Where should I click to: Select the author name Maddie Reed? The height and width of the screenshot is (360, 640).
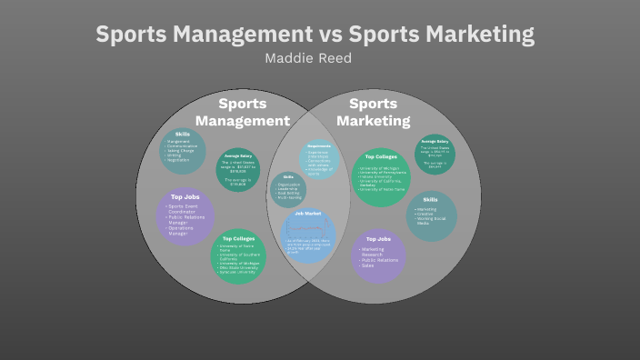(307, 58)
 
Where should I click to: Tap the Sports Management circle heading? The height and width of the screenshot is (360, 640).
(243, 112)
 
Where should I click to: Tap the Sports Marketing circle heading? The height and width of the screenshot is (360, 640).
(373, 112)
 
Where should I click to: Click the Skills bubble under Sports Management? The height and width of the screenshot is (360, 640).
(183, 149)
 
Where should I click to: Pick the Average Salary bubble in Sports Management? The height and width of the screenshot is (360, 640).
(238, 170)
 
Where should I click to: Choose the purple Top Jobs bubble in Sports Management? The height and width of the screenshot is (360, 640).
(185, 215)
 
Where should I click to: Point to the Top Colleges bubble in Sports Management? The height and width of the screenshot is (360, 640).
(238, 256)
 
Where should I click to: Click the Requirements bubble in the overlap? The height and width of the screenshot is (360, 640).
(318, 159)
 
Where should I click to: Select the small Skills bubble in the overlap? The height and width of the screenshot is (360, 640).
(288, 188)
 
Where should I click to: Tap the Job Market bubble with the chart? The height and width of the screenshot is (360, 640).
(309, 236)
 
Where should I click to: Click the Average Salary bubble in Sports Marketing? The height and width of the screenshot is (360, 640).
(435, 153)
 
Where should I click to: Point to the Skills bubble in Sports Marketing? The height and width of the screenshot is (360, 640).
(431, 215)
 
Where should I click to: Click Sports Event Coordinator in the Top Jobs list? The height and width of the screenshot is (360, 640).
(185, 210)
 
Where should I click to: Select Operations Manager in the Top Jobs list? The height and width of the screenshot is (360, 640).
(185, 231)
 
